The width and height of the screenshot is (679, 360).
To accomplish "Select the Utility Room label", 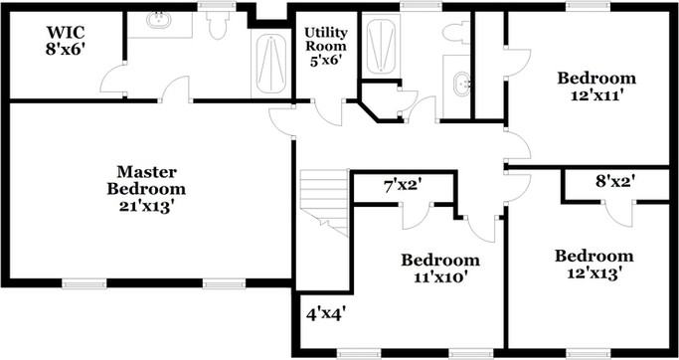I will tap(325, 39).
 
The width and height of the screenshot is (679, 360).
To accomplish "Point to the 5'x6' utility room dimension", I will tap(325, 60).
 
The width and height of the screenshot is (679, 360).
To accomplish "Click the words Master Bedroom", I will tap(147, 180).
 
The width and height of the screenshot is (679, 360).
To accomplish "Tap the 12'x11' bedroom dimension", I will tap(595, 97).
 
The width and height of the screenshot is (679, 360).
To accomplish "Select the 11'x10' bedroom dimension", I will tap(439, 277).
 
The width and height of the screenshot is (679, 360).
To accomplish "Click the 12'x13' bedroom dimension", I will tap(594, 273).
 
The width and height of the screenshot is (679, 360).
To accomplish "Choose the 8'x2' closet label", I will tap(614, 181).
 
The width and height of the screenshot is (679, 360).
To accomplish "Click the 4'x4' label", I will tap(325, 313).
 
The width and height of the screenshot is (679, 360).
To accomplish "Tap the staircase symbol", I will tap(324, 201).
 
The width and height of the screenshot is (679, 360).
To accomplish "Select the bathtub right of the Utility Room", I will tap(382, 45).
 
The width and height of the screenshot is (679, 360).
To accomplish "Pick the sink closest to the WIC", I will tap(159, 19).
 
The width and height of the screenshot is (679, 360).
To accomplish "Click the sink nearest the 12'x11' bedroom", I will tap(461, 84).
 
